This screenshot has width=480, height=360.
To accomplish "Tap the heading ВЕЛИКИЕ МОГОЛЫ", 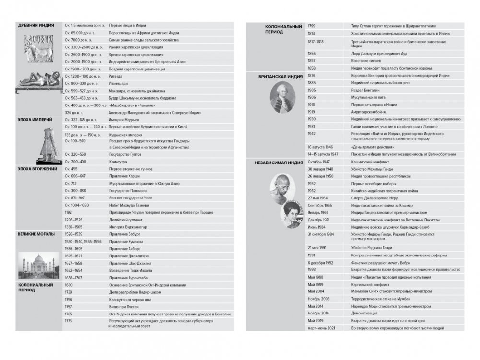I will coord(36,234).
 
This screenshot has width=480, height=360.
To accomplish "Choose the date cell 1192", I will coord(69,212).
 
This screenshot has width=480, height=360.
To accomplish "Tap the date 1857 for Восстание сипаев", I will coord(312,61).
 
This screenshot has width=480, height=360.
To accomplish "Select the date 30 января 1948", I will coord(320,169).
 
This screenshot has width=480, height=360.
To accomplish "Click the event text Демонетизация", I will coord(366,313).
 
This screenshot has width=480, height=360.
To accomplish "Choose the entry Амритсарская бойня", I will coord(370,111).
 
